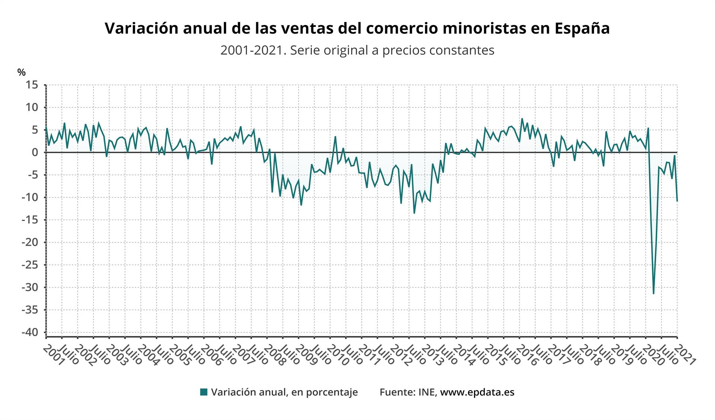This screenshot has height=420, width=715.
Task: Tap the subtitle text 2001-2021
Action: tap(253, 50)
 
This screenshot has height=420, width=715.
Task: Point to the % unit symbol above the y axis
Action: tap(22, 72)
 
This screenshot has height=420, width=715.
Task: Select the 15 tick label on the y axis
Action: tap(32, 85)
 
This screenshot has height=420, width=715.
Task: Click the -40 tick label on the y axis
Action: tap(30, 332)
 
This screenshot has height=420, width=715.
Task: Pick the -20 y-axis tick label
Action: tap(30, 242)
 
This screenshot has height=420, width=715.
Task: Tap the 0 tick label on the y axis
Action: tap(35, 152)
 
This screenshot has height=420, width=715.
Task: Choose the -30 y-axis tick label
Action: tap(30, 287)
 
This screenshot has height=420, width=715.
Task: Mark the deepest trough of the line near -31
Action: tap(654, 294)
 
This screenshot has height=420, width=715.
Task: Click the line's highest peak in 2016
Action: tap(522, 119)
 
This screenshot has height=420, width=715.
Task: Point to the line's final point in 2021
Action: tap(677, 201)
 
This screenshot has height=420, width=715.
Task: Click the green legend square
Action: tap(204, 392)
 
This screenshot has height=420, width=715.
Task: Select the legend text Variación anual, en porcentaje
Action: tap(284, 392)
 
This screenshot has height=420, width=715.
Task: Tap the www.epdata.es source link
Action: tap(477, 392)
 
